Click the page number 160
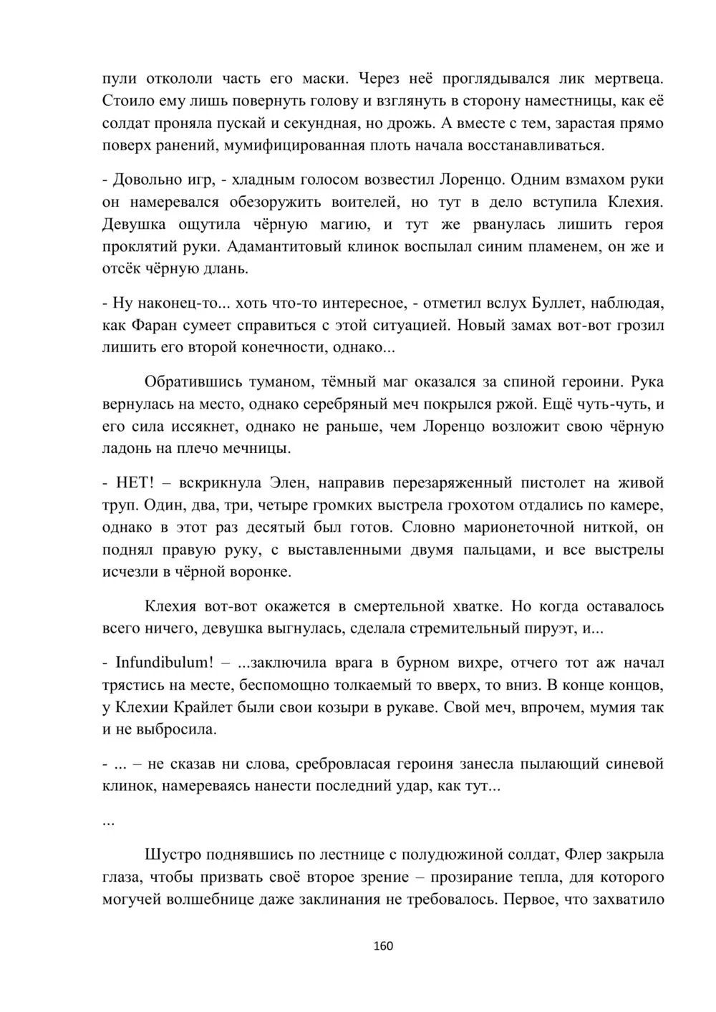tap(384, 946)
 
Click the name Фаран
tap(154, 326)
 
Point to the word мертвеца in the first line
tap(631, 78)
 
